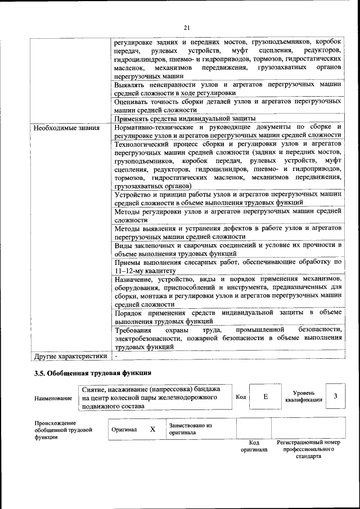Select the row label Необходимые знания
(x=66, y=128)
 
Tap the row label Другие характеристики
(x=70, y=356)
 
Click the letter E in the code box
(x=265, y=397)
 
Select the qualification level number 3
(x=335, y=397)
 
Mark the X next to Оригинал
(x=152, y=429)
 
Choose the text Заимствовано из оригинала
(x=190, y=429)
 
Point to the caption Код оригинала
(x=254, y=446)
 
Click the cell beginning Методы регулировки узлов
(x=227, y=217)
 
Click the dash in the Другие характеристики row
(x=116, y=356)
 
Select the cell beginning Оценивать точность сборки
(x=227, y=106)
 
